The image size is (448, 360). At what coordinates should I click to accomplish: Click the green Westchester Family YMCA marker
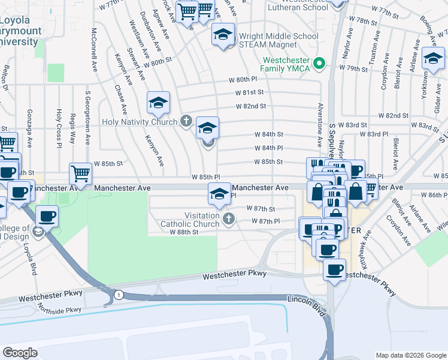(x=319, y=62)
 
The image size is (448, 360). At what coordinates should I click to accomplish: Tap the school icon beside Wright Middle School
(x=223, y=35)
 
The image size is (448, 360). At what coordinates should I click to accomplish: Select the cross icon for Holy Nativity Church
(x=186, y=122)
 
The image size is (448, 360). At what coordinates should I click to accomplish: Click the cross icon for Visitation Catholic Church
(x=228, y=218)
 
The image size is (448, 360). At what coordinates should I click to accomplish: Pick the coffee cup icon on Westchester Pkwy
(x=335, y=269)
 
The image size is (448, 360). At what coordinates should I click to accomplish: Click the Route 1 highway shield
(x=119, y=294)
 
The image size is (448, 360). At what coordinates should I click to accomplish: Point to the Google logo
(x=20, y=353)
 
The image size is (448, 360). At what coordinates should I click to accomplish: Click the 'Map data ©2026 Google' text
(x=410, y=355)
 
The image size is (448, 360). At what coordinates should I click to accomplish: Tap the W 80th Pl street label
(x=242, y=79)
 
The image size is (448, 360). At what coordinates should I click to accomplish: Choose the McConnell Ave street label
(x=95, y=50)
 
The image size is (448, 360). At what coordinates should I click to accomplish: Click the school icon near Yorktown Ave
(x=432, y=59)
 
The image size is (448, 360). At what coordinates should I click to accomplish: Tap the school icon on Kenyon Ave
(x=159, y=103)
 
